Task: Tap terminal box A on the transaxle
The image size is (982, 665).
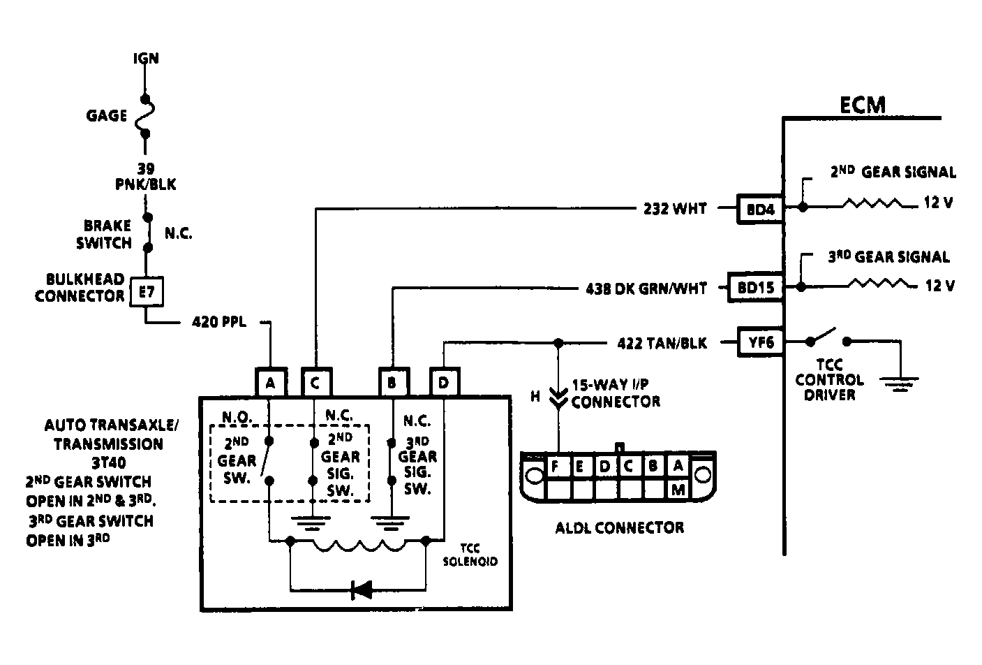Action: [x=270, y=383]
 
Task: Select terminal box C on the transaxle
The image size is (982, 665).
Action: [x=315, y=383]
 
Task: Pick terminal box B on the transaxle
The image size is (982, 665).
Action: [x=393, y=383]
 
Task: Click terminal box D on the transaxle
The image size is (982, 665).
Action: [x=444, y=383]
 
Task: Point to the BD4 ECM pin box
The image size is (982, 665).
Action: [x=760, y=208]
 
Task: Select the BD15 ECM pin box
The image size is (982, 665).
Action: [x=755, y=287]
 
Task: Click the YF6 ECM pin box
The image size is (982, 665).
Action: [x=760, y=342]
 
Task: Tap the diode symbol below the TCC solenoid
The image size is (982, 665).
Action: [x=361, y=590]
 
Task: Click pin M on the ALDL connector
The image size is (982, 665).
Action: [x=678, y=489]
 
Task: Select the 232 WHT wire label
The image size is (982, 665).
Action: [x=675, y=208]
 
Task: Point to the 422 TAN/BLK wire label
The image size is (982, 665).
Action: [x=662, y=343]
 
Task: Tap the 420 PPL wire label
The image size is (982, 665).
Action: [x=218, y=323]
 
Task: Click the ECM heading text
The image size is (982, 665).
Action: [x=862, y=105]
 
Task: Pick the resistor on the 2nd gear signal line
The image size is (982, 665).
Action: [x=872, y=204]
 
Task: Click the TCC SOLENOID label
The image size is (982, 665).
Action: [x=470, y=555]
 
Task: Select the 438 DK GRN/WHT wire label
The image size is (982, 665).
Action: [x=646, y=288]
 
